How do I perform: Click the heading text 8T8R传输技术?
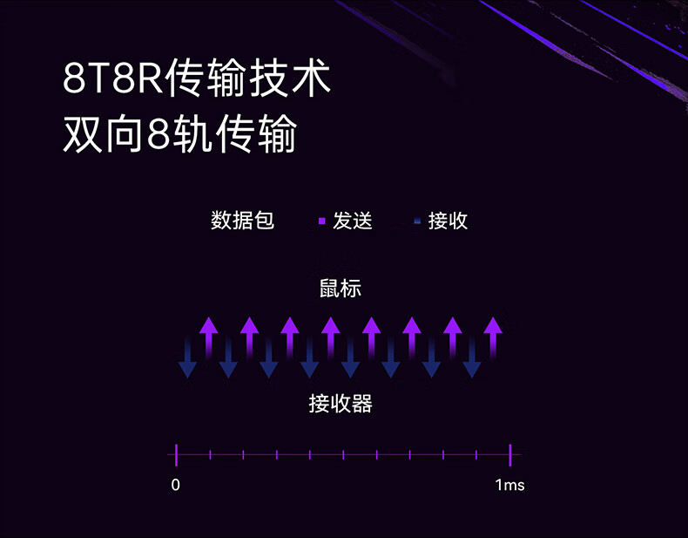pyautogui.click(x=197, y=79)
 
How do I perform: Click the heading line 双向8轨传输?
pyautogui.click(x=180, y=135)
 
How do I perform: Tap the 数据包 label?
pyautogui.click(x=242, y=221)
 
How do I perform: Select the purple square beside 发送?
pyautogui.click(x=321, y=221)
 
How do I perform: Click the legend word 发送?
pyautogui.click(x=353, y=221)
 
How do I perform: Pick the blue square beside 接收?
pyautogui.click(x=417, y=221)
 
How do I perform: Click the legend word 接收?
pyautogui.click(x=449, y=221)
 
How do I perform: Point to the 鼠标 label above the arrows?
pyautogui.click(x=340, y=289)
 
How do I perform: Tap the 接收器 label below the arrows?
pyautogui.click(x=340, y=404)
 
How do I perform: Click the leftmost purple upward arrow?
pyautogui.click(x=208, y=337)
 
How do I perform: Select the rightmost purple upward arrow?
pyautogui.click(x=493, y=337)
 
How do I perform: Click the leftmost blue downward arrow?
pyautogui.click(x=187, y=358)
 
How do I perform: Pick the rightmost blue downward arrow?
pyautogui.click(x=472, y=358)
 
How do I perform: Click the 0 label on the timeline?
pyautogui.click(x=176, y=485)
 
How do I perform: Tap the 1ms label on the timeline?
pyautogui.click(x=509, y=485)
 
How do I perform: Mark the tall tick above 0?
pyautogui.click(x=176, y=454)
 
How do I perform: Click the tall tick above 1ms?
pyautogui.click(x=509, y=454)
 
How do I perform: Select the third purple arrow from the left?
pyautogui.click(x=290, y=337)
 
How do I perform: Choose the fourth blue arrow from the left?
pyautogui.click(x=310, y=358)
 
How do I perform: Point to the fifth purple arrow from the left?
pyautogui.click(x=371, y=337)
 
